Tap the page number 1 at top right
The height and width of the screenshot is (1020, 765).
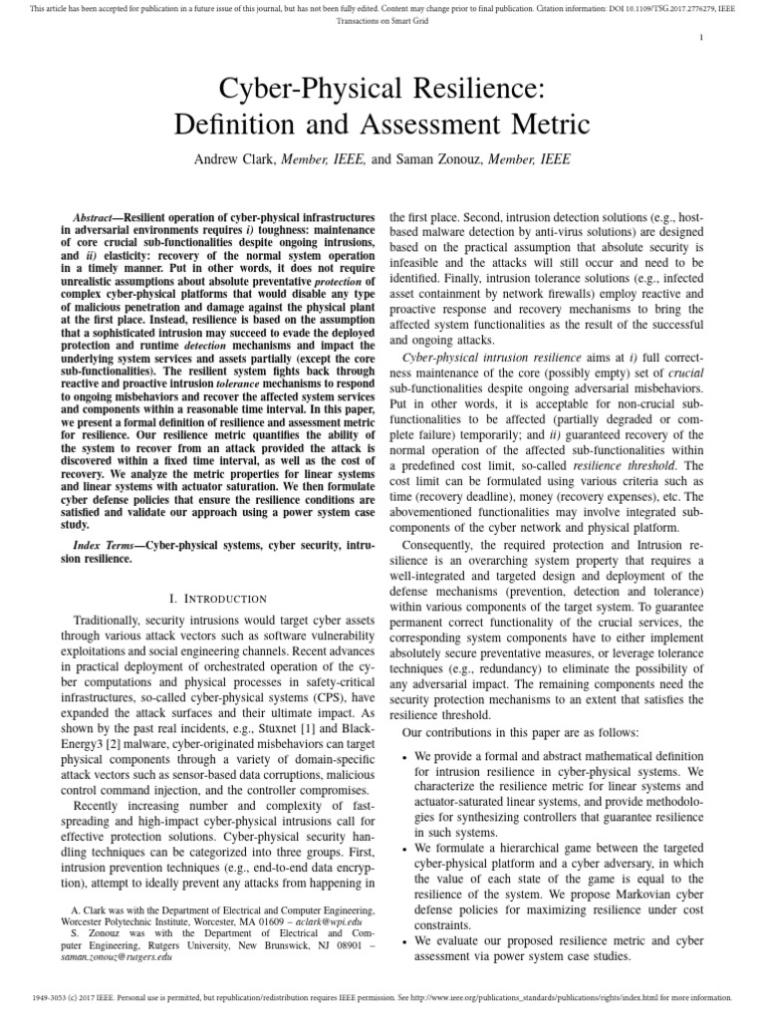coord(702,38)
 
